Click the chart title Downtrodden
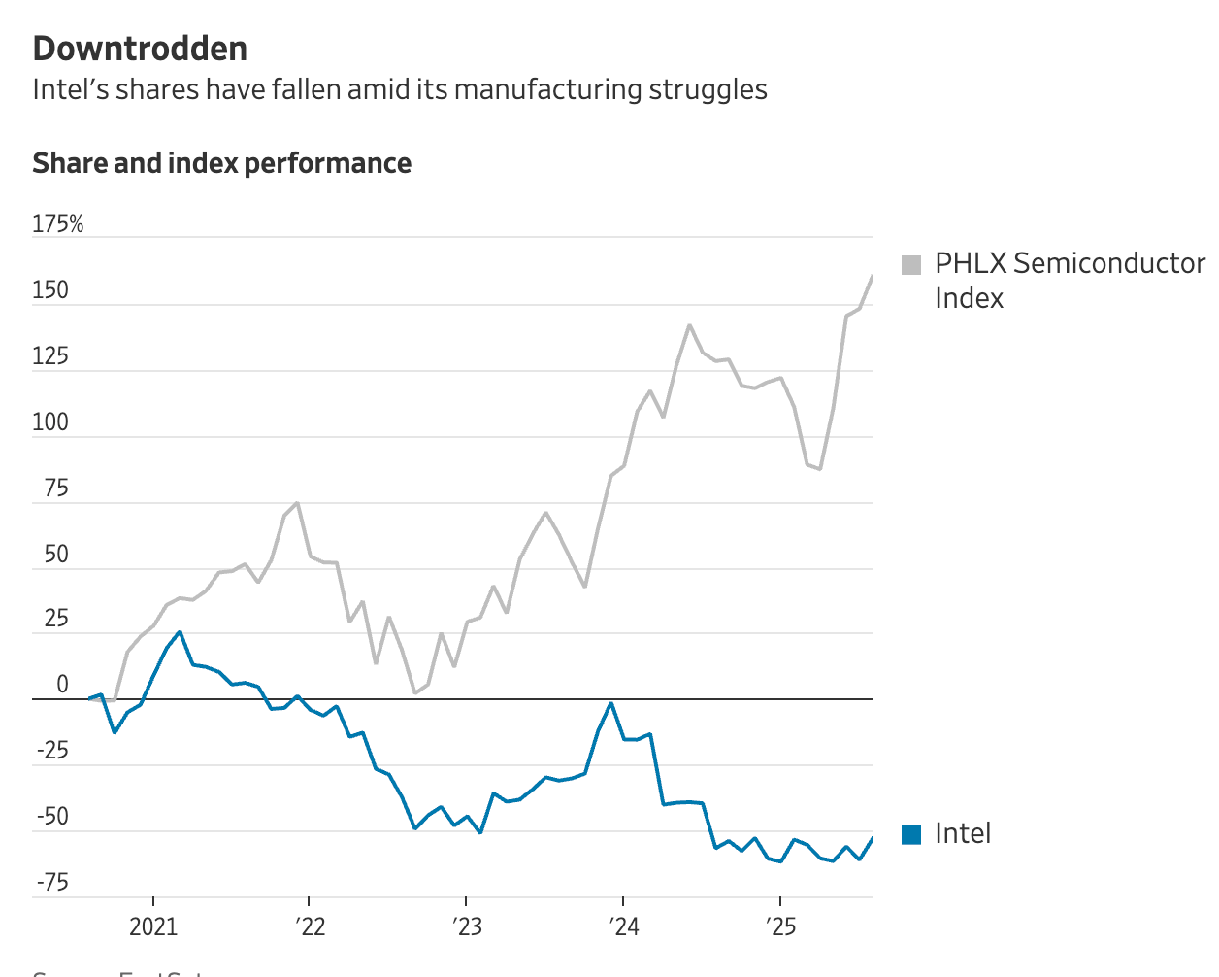pos(140,49)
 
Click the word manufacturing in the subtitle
pos(547,89)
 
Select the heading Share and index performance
pos(221,163)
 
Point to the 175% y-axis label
pos(58,224)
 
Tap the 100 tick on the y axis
pos(50,422)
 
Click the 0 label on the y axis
pos(62,685)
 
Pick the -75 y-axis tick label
pos(52,883)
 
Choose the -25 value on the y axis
pos(52,751)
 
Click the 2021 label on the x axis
pos(153,926)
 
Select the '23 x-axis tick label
pos(466,926)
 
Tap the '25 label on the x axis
pos(780,926)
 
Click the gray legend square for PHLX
pos(911,265)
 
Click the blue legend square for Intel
pos(911,834)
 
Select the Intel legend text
pos(963,834)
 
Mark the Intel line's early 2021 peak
pos(180,632)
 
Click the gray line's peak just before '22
pos(297,503)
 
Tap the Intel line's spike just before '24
pos(611,703)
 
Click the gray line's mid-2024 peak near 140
pos(689,325)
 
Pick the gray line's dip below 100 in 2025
pos(820,469)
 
